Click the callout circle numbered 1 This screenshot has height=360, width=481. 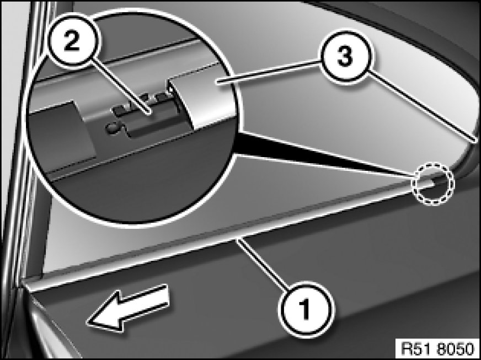coord(306,310)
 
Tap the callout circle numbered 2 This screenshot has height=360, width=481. coord(72,42)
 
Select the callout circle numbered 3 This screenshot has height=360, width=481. coord(345,57)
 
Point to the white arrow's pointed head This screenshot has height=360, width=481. coord(87,323)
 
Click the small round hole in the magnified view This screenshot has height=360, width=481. coord(111,127)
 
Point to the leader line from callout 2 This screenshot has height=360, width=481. coord(121,89)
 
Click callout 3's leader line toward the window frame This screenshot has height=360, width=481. coord(423,106)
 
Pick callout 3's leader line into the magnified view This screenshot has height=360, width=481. coord(269,72)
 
